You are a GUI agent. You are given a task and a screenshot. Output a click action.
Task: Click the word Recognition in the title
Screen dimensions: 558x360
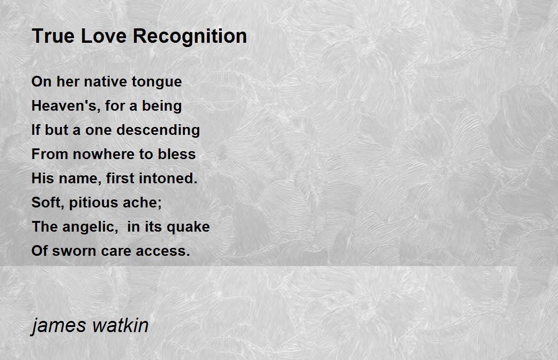[x=190, y=37]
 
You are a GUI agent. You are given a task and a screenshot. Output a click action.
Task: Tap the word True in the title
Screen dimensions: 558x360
[x=53, y=36]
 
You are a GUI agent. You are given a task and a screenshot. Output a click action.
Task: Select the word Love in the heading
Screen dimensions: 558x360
[x=104, y=36]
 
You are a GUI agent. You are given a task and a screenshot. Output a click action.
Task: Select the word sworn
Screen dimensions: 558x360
[x=74, y=251]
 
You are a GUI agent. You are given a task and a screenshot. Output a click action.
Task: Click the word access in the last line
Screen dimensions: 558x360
[x=163, y=251]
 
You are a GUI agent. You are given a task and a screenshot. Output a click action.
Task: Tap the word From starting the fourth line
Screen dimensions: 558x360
[x=50, y=154]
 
